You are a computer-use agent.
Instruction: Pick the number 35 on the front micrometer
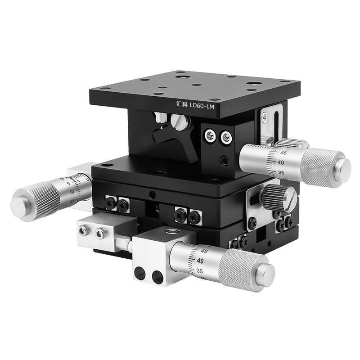(199, 271)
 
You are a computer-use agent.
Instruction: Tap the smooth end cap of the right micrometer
(343, 166)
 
